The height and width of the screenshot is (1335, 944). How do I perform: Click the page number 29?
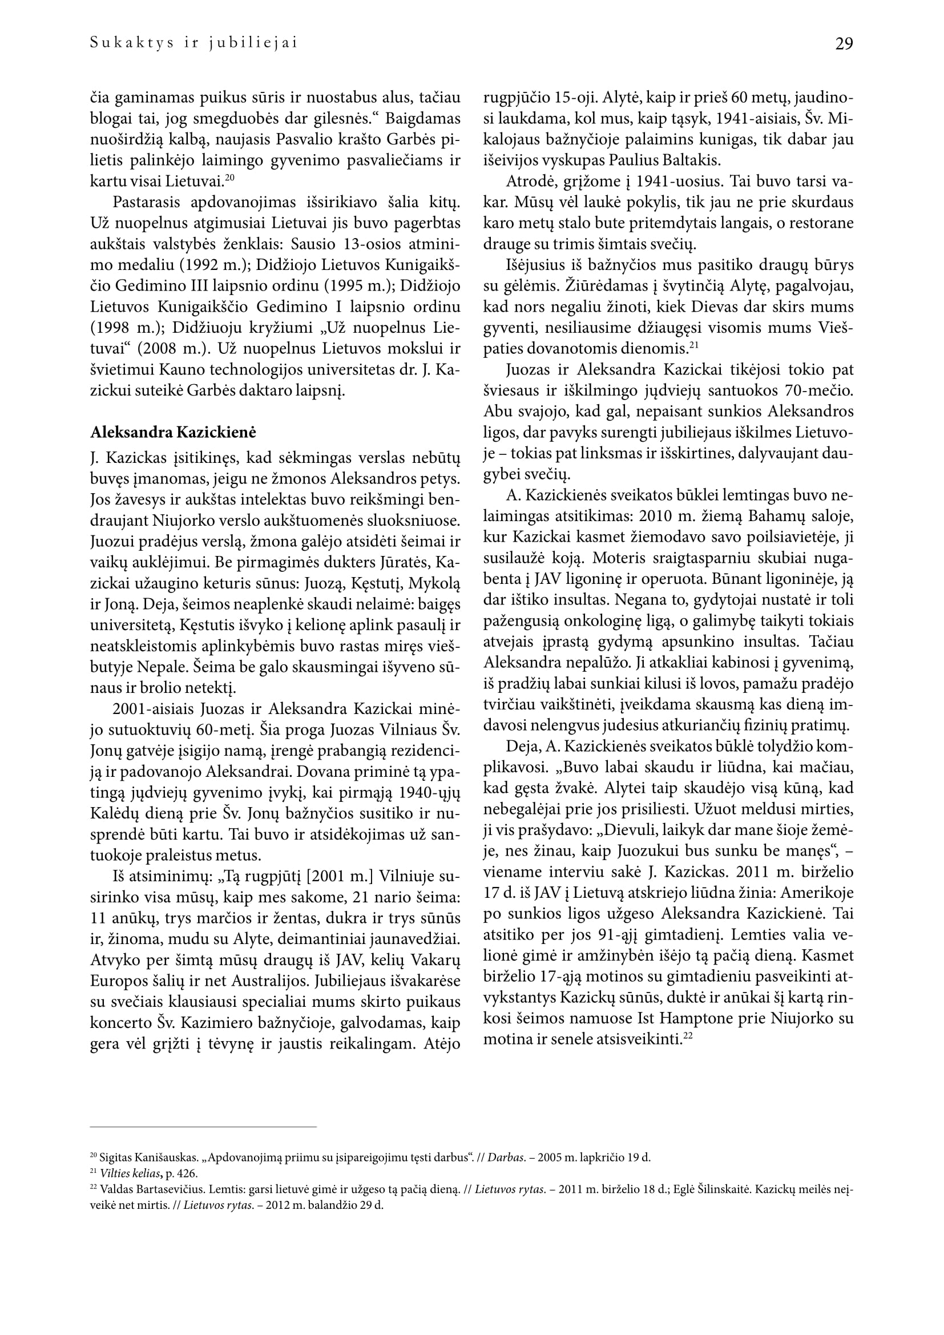coord(844,44)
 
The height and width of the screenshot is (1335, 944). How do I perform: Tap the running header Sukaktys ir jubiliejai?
coord(193,43)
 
